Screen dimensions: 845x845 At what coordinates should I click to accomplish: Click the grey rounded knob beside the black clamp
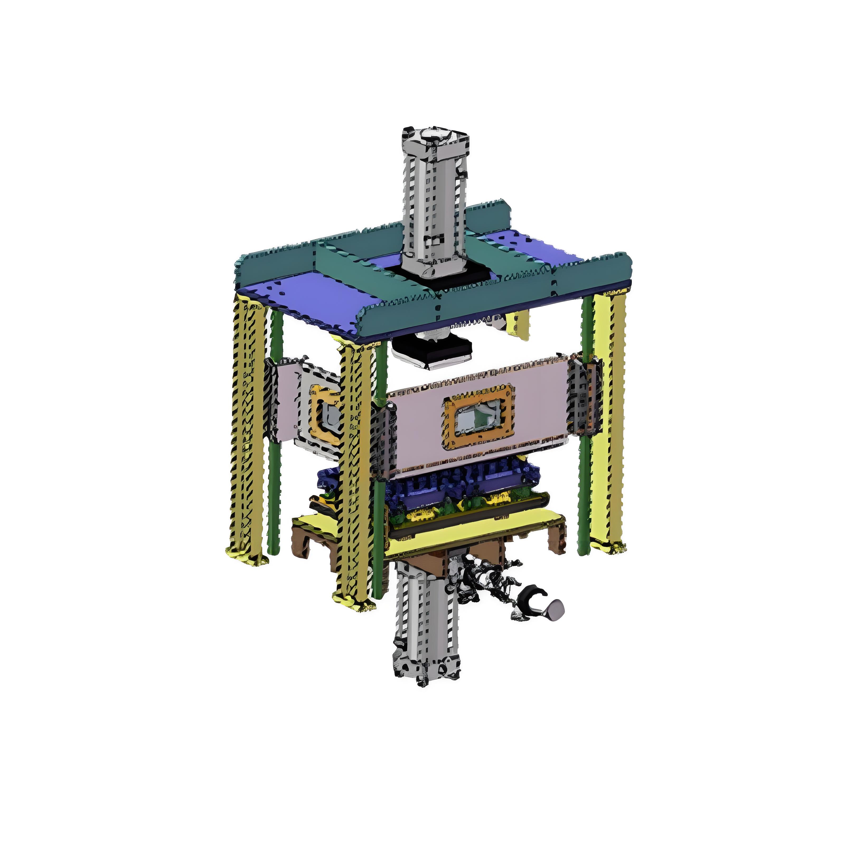pyautogui.click(x=555, y=609)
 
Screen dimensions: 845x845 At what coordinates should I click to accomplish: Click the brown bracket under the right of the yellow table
pyautogui.click(x=556, y=540)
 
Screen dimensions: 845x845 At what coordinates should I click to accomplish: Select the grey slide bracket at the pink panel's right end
pyautogui.click(x=584, y=398)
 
